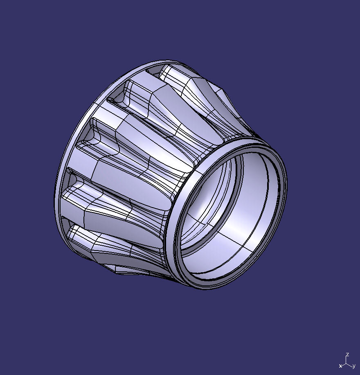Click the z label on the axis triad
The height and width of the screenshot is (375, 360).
347,355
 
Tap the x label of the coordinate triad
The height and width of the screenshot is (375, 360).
340,366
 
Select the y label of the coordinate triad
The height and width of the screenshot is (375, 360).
353,366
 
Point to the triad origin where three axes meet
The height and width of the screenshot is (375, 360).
347,363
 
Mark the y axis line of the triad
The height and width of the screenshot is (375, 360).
350,364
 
